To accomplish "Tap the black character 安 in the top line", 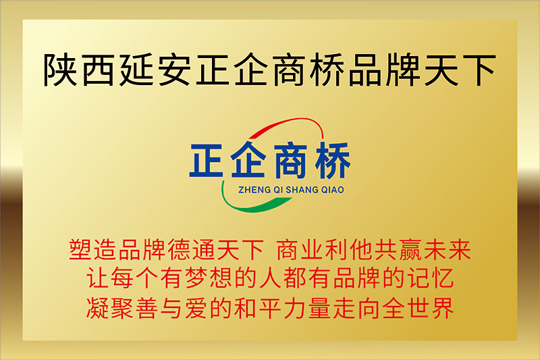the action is tap(174, 70).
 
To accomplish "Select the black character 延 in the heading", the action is tap(136, 70).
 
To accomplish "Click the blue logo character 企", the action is tap(248, 160).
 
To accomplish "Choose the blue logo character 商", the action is tap(290, 161).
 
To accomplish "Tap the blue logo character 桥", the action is tap(333, 161).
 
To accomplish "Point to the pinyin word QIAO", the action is tap(333, 190).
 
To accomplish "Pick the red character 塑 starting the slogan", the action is tap(80, 249).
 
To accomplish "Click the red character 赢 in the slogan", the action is tap(410, 249).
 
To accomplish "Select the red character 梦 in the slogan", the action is tap(196, 278).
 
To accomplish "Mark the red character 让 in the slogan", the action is tap(97, 278).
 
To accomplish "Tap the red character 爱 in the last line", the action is tap(196, 307).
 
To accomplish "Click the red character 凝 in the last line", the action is tap(97, 307).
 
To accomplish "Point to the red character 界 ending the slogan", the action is tap(443, 307).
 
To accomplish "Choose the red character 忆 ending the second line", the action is tap(443, 278).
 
